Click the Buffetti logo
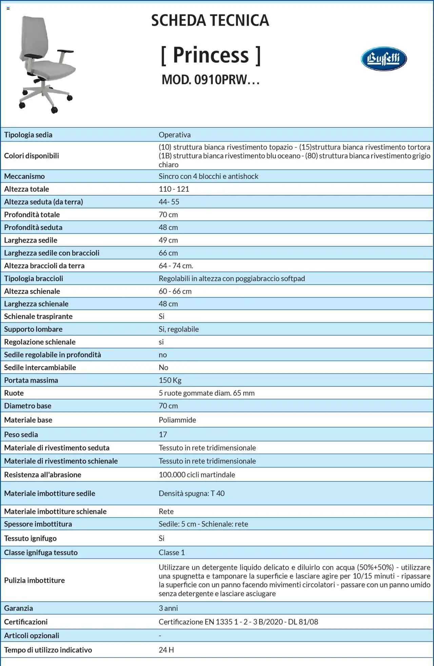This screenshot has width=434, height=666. pos(383,59)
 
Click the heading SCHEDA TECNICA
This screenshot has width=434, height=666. pos(210,21)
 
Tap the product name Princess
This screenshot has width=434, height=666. pos(211,55)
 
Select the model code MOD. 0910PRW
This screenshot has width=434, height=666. pos(210,80)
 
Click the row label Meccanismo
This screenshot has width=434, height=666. pos(24,176)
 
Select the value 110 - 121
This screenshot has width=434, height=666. pos(174,189)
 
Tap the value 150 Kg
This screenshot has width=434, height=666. pos(170,380)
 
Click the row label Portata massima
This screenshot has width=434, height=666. pos(31,380)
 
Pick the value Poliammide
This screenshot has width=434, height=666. pos(177,420)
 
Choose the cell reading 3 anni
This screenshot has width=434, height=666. pos(168,608)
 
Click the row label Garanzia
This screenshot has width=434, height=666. pos(18,608)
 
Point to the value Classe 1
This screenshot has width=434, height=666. pos(172,553)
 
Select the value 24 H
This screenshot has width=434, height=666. pos(166,650)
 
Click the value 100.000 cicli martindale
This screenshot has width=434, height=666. pos(197,475)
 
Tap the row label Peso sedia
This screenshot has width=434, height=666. pos(21,434)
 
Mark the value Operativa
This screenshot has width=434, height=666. pos(175,135)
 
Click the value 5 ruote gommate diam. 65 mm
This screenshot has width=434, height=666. pos(206,393)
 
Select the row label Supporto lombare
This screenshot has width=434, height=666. pos(33,329)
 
